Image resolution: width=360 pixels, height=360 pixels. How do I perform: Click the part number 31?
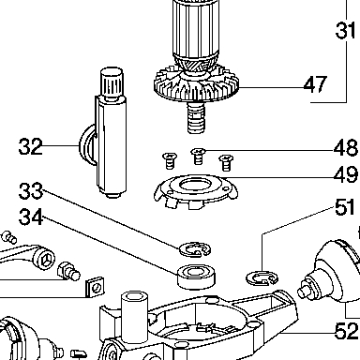pos(345,30)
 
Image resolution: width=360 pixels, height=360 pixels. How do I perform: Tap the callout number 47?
pos(315,84)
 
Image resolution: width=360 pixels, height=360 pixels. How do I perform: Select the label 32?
pos(30,146)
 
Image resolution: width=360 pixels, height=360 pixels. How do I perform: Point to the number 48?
pos(346,147)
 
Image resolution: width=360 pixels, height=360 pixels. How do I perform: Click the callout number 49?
pos(346,174)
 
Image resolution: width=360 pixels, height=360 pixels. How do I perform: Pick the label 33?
pos(31,191)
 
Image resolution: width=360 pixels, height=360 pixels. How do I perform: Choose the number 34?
pos(31,217)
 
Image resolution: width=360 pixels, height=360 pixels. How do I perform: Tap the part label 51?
pos(345,207)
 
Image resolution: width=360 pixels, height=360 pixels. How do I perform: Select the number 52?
pos(346,331)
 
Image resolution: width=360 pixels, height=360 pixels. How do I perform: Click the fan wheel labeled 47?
pos(196,83)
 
